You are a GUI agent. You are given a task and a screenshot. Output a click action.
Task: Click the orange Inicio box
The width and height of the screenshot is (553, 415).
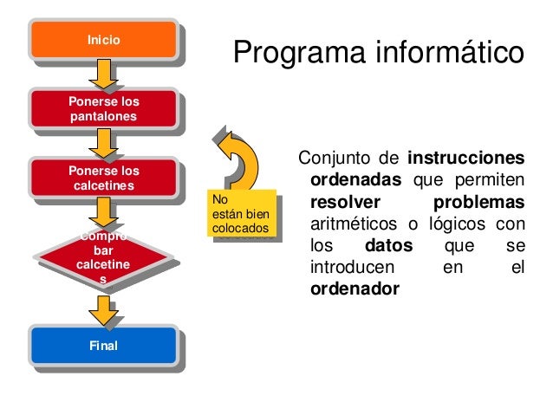tap(104, 40)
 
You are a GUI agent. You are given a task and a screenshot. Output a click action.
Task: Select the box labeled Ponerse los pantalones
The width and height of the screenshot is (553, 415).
tap(104, 109)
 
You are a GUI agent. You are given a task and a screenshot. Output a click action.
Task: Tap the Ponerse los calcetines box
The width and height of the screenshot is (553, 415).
tap(104, 178)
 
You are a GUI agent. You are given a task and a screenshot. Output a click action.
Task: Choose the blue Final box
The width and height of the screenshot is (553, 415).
tap(104, 347)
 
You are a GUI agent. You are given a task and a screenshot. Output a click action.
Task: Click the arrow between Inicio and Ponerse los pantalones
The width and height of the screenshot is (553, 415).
tap(105, 75)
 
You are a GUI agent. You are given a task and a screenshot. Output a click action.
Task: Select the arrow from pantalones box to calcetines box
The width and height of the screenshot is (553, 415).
tap(105, 143)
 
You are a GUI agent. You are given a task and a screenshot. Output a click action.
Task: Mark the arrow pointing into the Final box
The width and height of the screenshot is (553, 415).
tap(105, 310)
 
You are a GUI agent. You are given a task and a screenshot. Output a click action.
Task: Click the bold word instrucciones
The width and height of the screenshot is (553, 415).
tap(465, 159)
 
